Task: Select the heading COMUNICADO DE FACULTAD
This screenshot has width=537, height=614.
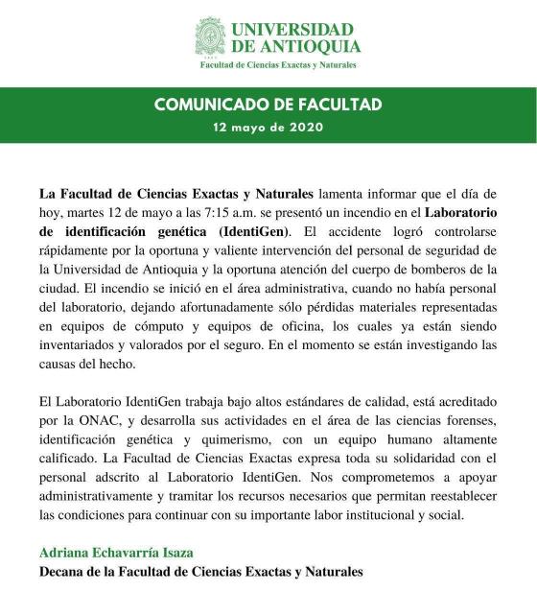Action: point(268,105)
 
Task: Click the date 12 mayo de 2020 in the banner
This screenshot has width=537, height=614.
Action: point(268,127)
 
